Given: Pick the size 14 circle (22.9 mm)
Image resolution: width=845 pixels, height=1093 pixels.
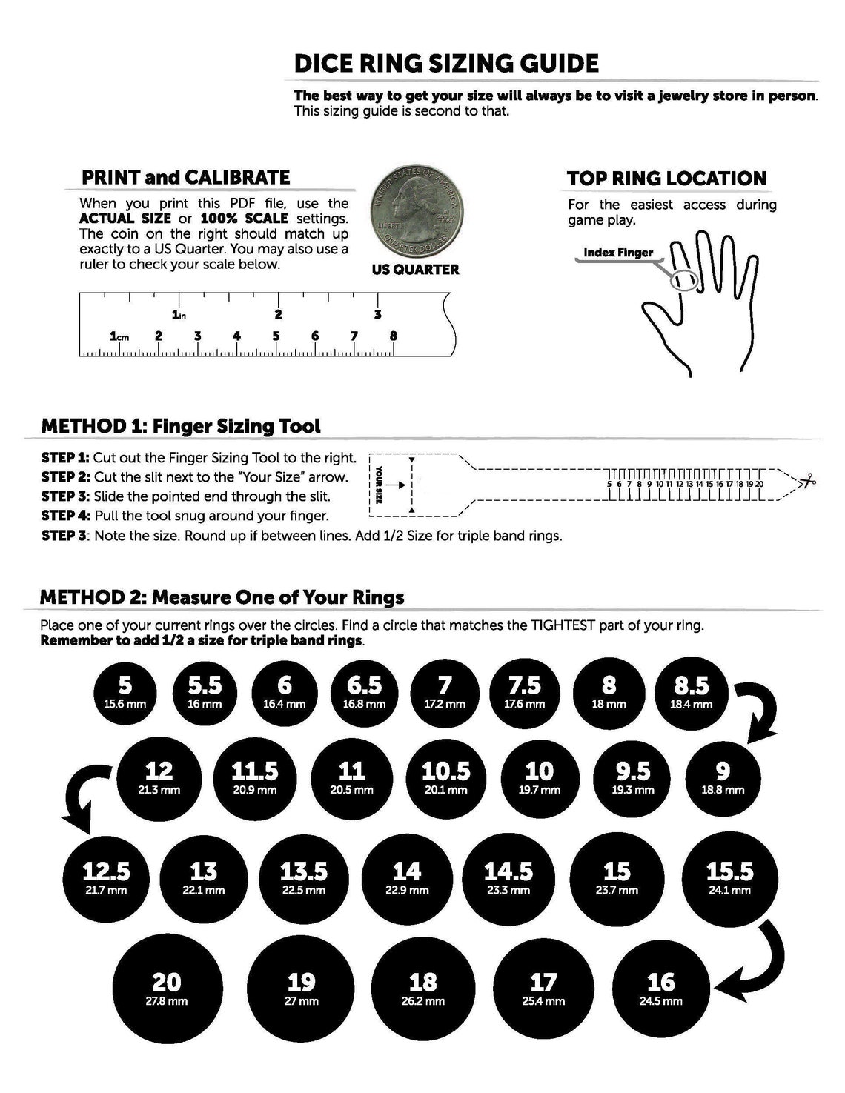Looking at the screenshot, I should (406, 877).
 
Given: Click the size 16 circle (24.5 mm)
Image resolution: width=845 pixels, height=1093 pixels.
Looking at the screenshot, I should (661, 989).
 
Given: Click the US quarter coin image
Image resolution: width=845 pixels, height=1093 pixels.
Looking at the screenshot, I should (415, 211).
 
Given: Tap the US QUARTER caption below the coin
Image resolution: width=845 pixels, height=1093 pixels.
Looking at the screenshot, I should (415, 270).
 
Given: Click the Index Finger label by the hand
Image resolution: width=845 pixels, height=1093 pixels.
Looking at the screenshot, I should (617, 253).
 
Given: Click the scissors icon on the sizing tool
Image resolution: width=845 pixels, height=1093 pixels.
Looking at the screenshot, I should (806, 482).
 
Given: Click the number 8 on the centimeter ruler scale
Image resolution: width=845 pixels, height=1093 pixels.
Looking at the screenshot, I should (393, 336).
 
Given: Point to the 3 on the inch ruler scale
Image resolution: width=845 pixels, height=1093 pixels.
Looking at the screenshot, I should (378, 314).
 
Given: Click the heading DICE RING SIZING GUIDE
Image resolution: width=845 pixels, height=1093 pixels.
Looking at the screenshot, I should (446, 63).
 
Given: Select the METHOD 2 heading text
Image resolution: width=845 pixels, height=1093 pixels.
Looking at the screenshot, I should (222, 597).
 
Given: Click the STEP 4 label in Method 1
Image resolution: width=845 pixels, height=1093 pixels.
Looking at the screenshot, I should (65, 516).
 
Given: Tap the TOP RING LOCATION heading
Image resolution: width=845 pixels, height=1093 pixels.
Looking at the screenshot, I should (666, 179).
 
